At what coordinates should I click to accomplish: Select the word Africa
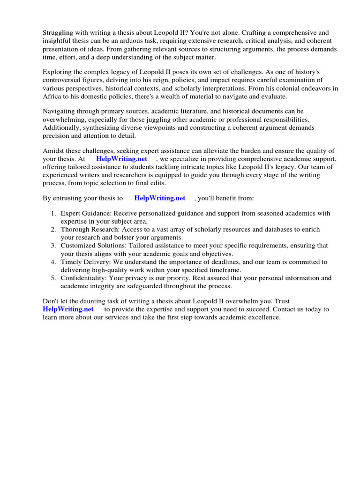(52, 97)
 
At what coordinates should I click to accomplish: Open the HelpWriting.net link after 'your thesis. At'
(121, 158)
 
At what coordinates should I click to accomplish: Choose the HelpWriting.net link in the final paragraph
(68, 309)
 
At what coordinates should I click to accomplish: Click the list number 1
(53, 213)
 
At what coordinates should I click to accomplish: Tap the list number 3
(53, 246)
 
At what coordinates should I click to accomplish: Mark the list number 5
(53, 278)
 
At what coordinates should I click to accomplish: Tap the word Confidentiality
(83, 278)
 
